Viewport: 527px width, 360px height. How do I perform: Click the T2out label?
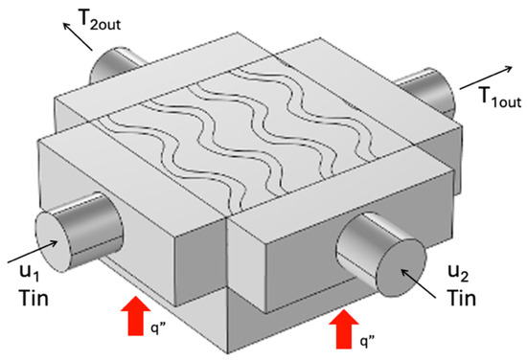(99, 19)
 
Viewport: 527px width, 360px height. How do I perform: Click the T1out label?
(501, 97)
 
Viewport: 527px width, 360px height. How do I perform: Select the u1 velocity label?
(30, 272)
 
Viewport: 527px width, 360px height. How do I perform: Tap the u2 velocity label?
(458, 272)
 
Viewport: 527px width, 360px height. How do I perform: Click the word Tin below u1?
(34, 298)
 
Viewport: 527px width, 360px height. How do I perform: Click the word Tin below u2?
(461, 298)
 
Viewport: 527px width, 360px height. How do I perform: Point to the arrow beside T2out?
(78, 36)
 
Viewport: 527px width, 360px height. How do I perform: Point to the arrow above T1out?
(486, 78)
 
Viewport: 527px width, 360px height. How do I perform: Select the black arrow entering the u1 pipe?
(32, 252)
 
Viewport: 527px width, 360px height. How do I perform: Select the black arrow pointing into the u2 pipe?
(418, 283)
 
